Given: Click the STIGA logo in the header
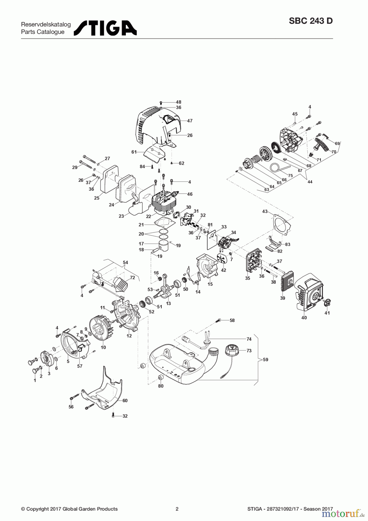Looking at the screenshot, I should (105, 28).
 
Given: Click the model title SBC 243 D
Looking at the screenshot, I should (311, 21).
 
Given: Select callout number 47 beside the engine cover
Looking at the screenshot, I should (189, 121).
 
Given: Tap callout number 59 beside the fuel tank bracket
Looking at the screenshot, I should (265, 359).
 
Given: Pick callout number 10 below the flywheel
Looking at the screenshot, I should (103, 347).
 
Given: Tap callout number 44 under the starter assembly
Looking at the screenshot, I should (310, 182).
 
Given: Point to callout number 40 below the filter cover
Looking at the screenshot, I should (304, 318).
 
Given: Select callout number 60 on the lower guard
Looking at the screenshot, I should (125, 401).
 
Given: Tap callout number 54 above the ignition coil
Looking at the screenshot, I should (125, 263).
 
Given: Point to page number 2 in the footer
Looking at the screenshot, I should (177, 509).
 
